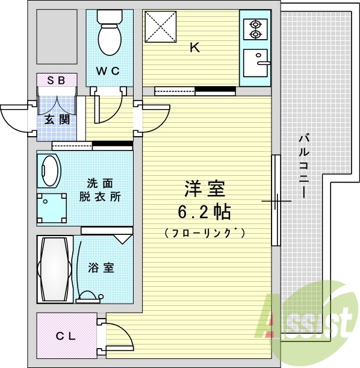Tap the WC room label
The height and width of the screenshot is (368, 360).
click(x=109, y=70)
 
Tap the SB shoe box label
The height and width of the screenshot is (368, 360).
click(x=57, y=80)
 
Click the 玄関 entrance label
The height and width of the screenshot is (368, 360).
click(x=57, y=119)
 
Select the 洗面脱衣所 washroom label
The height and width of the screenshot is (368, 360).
click(x=99, y=190)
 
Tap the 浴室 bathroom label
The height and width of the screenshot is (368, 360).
click(x=101, y=268)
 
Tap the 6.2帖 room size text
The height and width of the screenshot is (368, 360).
click(x=205, y=212)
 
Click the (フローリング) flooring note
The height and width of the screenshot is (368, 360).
click(x=205, y=232)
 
